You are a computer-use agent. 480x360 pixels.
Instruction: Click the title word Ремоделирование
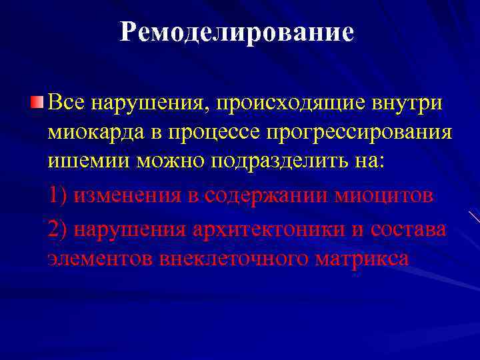point(237,33)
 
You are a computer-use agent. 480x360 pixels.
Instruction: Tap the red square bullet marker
point(37,103)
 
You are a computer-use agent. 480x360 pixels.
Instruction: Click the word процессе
point(218,133)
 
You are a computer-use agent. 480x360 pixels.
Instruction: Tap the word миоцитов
point(387,195)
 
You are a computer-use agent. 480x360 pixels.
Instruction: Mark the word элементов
point(101,257)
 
